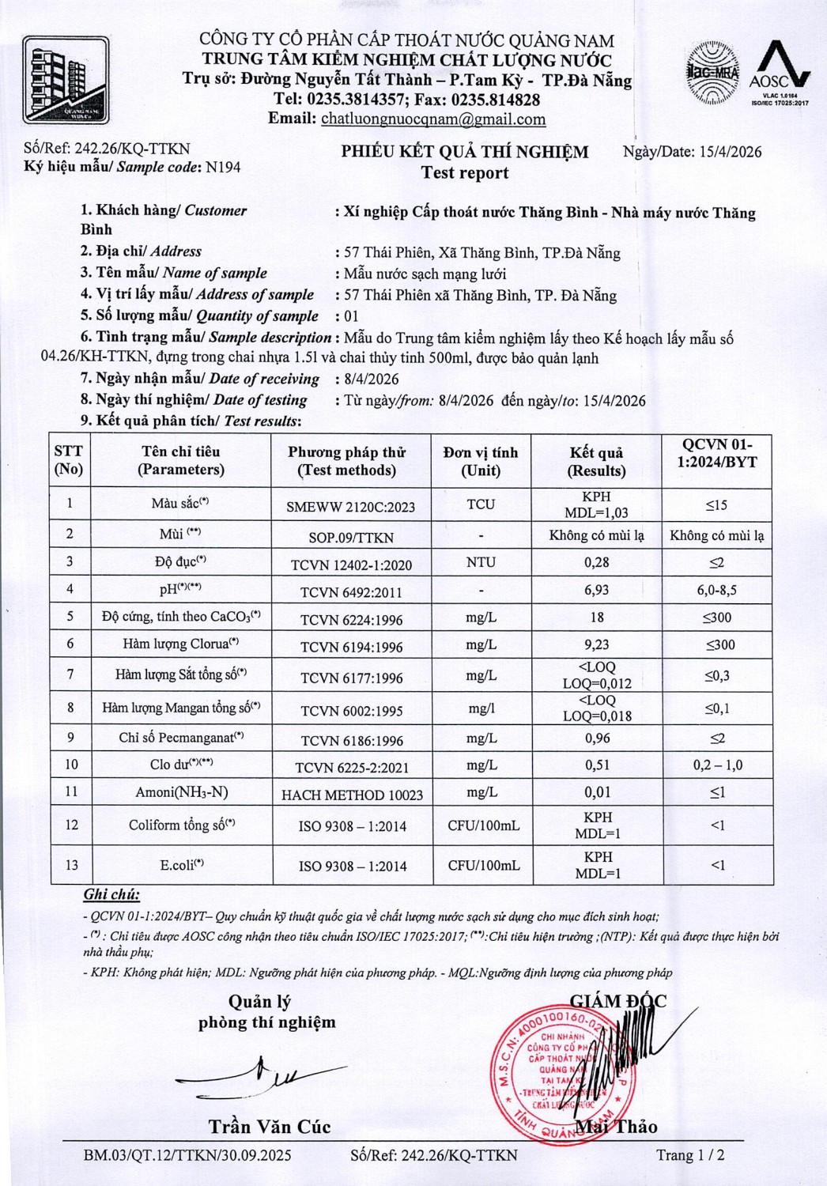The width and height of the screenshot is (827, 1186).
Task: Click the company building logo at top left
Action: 66,80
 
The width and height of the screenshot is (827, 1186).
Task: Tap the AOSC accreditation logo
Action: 780,73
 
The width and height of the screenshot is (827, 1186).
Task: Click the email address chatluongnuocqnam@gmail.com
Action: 433,119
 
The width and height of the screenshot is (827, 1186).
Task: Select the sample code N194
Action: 223,167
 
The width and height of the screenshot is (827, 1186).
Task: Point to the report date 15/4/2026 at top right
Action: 731,152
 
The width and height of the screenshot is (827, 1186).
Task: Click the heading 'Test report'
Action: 465,173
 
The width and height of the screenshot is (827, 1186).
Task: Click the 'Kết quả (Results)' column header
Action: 597,462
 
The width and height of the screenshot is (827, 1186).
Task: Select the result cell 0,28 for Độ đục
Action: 597,562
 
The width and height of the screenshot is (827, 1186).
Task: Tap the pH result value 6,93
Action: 597,590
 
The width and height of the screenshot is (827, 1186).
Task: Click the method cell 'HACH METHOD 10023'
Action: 352,795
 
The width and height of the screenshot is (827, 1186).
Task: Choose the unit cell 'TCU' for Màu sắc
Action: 481,504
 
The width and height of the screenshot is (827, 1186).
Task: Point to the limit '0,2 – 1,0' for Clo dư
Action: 718,765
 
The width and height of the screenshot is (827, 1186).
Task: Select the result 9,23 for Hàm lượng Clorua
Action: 597,645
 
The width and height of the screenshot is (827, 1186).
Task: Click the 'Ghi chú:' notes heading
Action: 111,895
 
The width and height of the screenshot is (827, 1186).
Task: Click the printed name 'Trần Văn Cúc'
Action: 270,1127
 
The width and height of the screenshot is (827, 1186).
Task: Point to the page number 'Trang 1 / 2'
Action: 690,1155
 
